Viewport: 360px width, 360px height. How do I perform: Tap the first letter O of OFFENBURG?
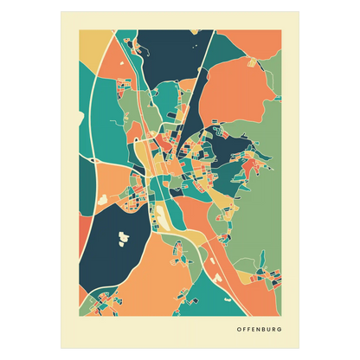point(238,328)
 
